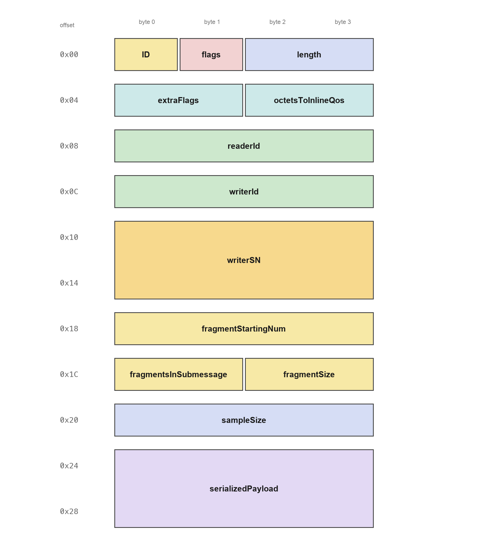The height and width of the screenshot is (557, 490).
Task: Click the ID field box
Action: [x=146, y=54]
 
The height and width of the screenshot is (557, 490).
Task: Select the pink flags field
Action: [x=211, y=54]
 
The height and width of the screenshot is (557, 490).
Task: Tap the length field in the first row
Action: [x=309, y=54]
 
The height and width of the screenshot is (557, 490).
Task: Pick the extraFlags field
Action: [x=178, y=100]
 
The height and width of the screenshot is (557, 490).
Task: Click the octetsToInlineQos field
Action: [x=309, y=100]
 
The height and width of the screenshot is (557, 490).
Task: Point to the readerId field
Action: [x=244, y=146]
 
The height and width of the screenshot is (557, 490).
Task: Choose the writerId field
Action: [x=244, y=191]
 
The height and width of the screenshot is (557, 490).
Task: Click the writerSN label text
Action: [x=244, y=260]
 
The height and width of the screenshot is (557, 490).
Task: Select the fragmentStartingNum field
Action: [x=244, y=329]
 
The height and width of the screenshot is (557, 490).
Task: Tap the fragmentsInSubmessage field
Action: [x=178, y=375]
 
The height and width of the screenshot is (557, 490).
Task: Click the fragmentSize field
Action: [x=309, y=375]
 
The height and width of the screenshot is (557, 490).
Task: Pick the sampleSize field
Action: [x=244, y=420]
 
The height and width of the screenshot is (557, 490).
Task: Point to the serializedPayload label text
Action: [x=244, y=489]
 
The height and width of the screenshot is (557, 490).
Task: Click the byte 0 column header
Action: [x=147, y=22]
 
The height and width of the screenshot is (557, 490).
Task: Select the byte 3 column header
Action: [x=343, y=22]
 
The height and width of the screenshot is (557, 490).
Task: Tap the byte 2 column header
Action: [x=277, y=22]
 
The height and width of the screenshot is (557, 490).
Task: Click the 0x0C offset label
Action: [x=69, y=191]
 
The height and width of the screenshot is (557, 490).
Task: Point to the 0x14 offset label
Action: [x=69, y=283]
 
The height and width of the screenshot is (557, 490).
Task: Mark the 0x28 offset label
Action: [x=69, y=512]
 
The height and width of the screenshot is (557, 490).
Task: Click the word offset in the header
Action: [x=67, y=25]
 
